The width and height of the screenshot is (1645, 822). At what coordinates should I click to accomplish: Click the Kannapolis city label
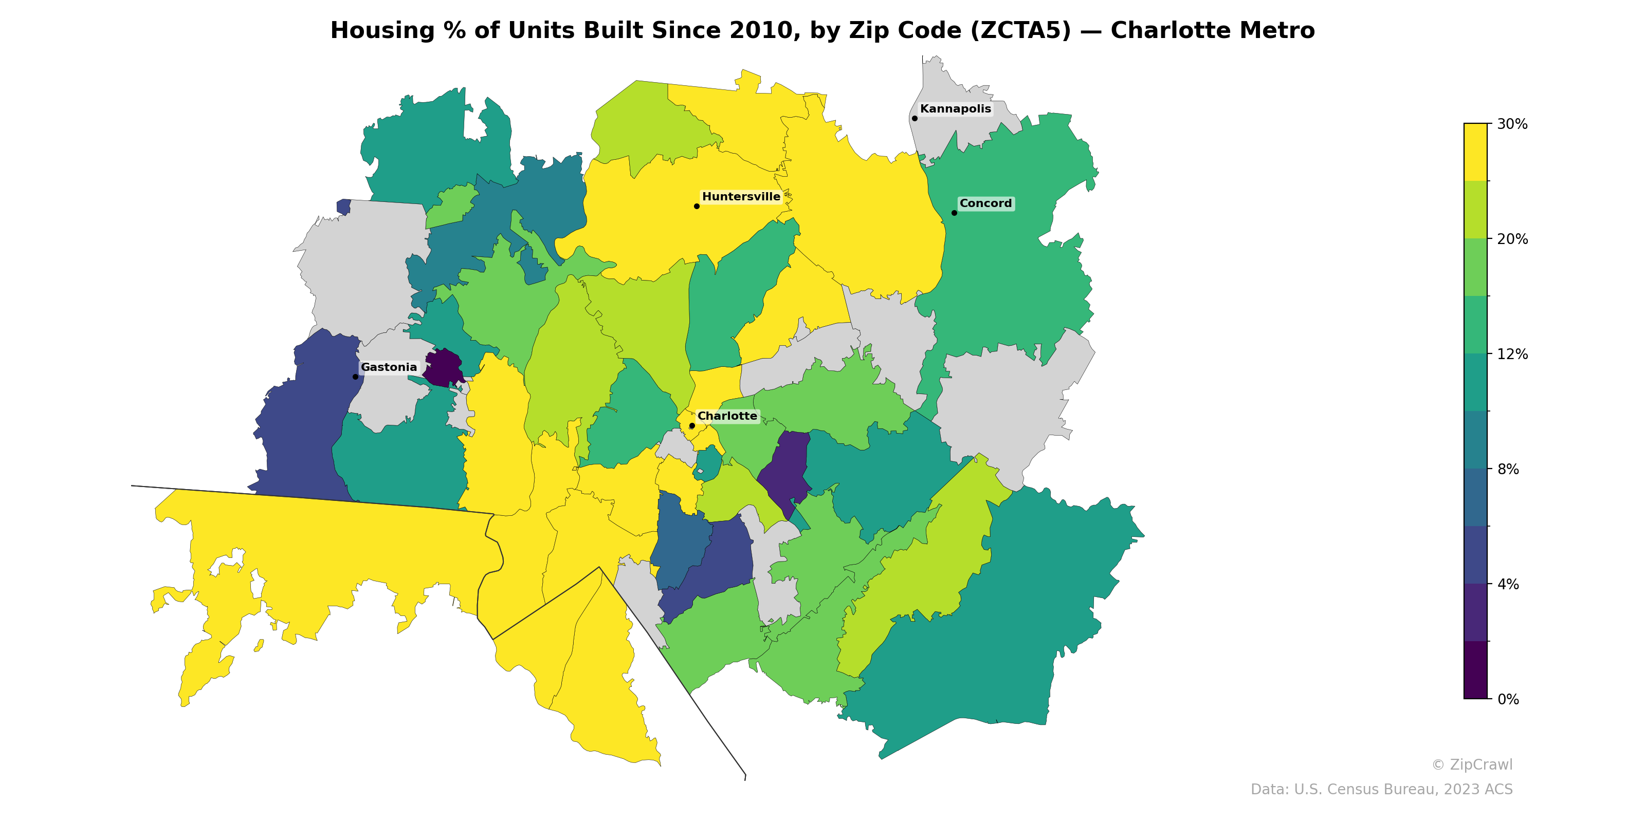(x=955, y=109)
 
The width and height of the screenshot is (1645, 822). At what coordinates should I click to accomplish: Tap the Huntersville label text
(x=741, y=197)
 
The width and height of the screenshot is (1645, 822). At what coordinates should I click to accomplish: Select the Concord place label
(x=985, y=203)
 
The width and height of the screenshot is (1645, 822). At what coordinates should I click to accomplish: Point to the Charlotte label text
(x=727, y=416)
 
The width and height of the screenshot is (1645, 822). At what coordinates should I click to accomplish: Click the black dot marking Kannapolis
(x=915, y=118)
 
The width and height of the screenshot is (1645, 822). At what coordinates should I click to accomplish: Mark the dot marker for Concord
(x=954, y=213)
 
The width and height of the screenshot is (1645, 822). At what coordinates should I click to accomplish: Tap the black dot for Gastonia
(x=356, y=377)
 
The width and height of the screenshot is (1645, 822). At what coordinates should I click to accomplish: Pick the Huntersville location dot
(x=697, y=206)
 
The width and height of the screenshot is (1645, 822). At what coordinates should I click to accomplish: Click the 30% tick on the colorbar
(x=1511, y=124)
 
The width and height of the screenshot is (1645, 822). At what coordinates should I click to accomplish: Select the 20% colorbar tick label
(x=1511, y=239)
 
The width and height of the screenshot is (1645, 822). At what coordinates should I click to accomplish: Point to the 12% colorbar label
(x=1511, y=354)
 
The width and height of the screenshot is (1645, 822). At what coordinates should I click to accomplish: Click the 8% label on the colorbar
(x=1508, y=469)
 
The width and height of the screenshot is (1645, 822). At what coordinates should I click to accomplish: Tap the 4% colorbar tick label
(x=1508, y=584)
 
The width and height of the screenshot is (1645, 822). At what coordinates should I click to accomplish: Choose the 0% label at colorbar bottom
(x=1508, y=699)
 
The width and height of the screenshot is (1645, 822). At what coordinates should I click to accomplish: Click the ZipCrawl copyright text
(x=1471, y=764)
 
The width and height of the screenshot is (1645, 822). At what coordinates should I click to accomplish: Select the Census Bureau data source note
(x=1381, y=790)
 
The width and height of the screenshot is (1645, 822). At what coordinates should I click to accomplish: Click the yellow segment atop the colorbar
(x=1475, y=152)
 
